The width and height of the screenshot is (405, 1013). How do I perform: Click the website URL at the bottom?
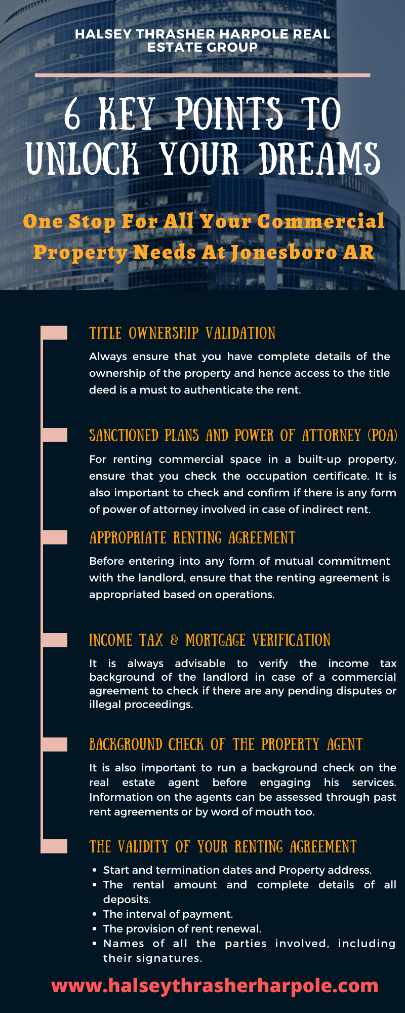[215, 986]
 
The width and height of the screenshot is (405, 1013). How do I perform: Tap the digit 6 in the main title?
[72, 114]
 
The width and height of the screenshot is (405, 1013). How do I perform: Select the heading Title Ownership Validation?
[182, 333]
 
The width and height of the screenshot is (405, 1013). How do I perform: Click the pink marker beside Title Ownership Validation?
[54, 333]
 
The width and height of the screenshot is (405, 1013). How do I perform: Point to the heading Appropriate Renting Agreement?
[192, 537]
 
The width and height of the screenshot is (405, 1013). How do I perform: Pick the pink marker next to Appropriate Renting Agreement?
[54, 537]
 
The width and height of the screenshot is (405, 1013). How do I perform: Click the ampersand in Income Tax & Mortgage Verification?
[174, 640]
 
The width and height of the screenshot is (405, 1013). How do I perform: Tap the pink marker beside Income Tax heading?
[54, 640]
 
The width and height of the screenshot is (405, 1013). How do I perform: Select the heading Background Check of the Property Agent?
[226, 744]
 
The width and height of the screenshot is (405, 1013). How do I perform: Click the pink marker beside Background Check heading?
[54, 744]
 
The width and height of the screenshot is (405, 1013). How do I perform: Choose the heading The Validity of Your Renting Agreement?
[223, 846]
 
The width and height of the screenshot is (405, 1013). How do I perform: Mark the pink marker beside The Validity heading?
[54, 846]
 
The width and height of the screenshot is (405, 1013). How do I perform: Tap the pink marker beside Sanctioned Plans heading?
[54, 435]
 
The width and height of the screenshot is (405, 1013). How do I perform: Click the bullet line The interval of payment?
[168, 914]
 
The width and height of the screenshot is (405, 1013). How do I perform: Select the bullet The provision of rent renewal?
[182, 928]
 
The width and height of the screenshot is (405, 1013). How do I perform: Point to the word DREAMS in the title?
[319, 159]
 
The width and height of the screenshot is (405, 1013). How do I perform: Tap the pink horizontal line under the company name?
[202, 75]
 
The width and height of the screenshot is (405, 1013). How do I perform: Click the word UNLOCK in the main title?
[83, 159]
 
